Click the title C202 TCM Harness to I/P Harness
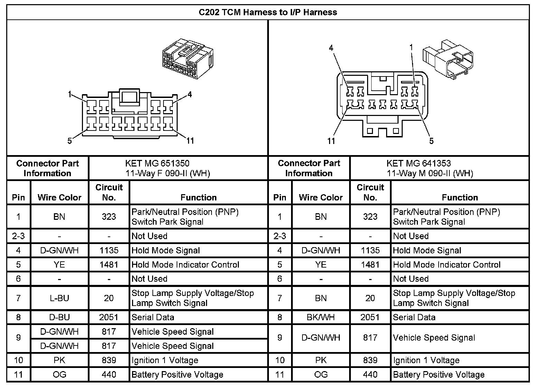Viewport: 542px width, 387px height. (x=268, y=12)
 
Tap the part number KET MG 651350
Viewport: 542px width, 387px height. (x=157, y=163)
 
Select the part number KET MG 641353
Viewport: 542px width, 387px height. (x=419, y=163)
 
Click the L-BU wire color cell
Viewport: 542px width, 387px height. (x=59, y=298)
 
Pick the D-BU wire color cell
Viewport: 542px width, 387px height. (x=59, y=317)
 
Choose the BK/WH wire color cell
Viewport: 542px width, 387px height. (x=321, y=317)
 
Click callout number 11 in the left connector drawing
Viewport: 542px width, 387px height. (x=190, y=141)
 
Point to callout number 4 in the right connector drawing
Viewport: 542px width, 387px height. (x=331, y=48)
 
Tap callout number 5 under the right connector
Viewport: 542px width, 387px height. (x=431, y=141)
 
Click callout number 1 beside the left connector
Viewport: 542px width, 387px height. (x=70, y=94)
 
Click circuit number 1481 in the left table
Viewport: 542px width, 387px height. (x=109, y=265)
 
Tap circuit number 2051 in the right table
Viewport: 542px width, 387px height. (x=370, y=317)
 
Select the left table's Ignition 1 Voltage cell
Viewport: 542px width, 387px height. (x=165, y=360)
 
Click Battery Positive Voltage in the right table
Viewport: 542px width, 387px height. (x=439, y=375)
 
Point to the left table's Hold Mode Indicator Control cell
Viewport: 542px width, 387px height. (x=185, y=265)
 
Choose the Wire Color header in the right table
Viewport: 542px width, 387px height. (x=321, y=197)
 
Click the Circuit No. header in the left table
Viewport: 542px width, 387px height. (x=109, y=192)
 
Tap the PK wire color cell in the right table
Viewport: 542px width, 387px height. (x=321, y=360)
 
